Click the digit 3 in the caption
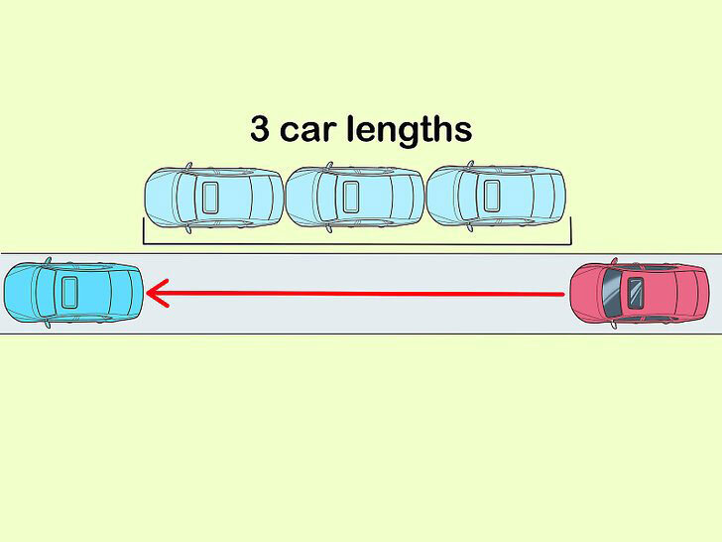click(261, 130)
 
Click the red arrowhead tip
click(148, 293)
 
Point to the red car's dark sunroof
click(635, 293)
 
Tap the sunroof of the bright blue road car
click(69, 292)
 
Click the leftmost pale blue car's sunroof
click(210, 197)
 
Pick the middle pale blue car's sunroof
click(351, 197)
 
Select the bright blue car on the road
click(73, 292)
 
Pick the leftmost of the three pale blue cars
click(213, 198)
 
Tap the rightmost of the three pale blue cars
click(495, 198)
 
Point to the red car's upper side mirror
click(614, 263)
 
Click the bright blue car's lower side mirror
click(47, 323)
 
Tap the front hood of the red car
click(591, 294)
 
